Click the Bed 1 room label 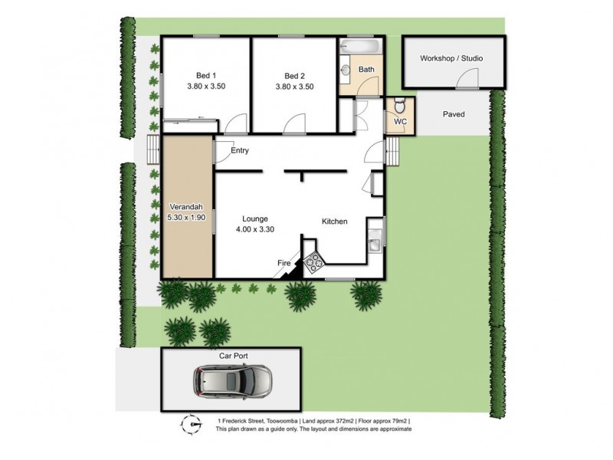(206, 75)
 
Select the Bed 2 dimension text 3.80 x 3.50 (295, 87)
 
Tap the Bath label (366, 70)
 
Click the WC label (400, 122)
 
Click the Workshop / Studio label (451, 58)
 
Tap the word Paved (454, 114)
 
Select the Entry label (240, 150)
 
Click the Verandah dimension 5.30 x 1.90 (187, 219)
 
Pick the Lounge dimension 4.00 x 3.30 (255, 228)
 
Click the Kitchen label (334, 222)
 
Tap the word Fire (284, 264)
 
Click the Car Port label (234, 356)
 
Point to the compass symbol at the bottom (191, 422)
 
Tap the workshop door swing (466, 77)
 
